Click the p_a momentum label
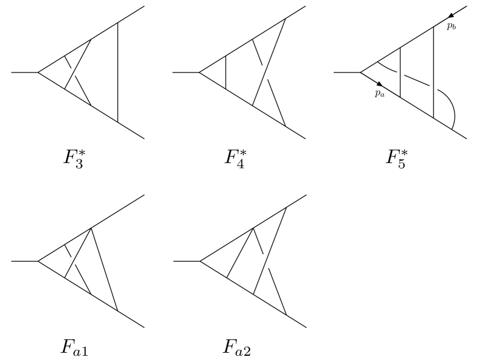(379, 94)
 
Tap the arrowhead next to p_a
(379, 83)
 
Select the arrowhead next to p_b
(450, 15)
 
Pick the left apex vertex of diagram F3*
(38, 72)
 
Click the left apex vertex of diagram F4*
(200, 72)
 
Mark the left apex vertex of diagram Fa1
(38, 262)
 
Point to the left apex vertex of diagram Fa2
(200, 262)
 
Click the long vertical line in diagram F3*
(117, 72)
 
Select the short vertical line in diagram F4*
(226, 72)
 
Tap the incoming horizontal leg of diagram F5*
(348, 72)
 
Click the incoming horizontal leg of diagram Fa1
(24, 262)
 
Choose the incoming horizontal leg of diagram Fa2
(186, 262)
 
